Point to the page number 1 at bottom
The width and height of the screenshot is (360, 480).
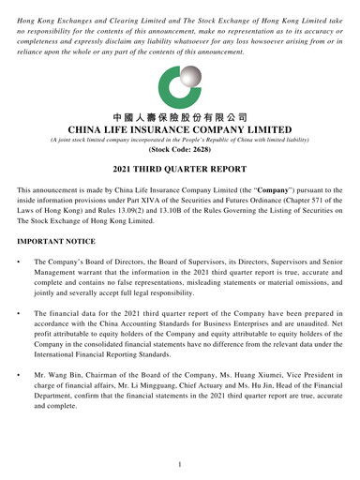coord(179,464)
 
